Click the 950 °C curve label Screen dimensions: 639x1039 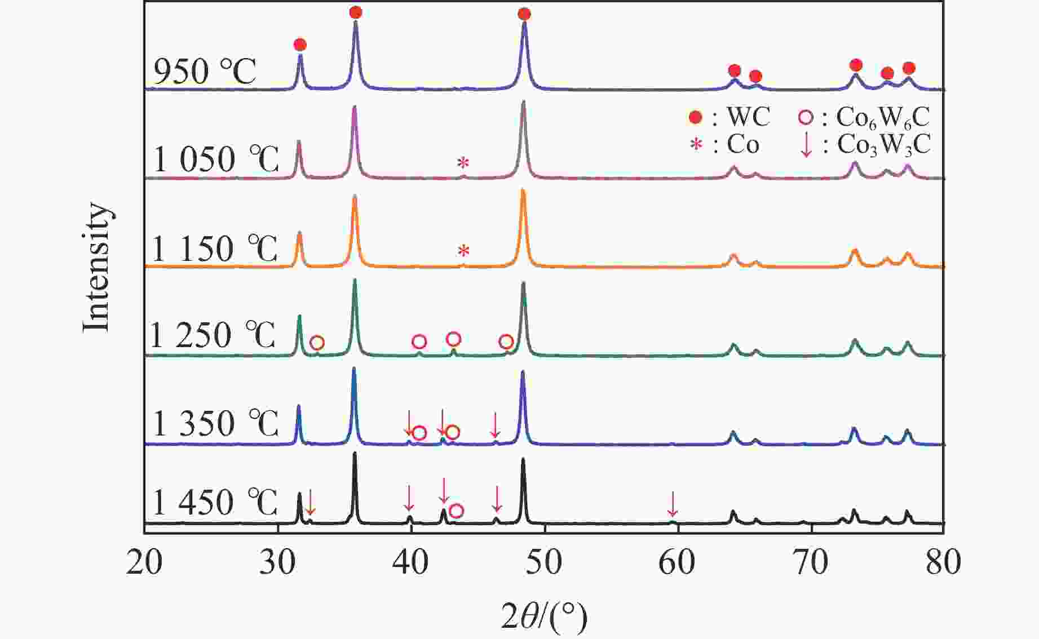point(205,72)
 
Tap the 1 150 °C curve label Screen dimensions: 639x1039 point(215,248)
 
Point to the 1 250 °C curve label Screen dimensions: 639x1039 point(213,335)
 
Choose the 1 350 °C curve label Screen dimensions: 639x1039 point(215,423)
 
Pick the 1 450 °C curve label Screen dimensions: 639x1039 point(215,502)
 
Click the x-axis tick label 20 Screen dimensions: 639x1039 point(144,562)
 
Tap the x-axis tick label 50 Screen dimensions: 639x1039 point(544,562)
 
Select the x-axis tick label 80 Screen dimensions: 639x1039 point(943,562)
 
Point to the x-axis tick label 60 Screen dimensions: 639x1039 point(677,562)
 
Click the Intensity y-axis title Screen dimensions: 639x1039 point(96,267)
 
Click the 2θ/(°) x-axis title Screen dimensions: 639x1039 point(544,616)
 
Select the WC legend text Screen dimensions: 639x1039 point(748,117)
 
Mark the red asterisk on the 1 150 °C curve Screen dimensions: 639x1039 point(463,251)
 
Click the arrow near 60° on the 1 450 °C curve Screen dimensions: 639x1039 point(672,504)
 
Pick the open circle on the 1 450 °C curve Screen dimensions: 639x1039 point(457,511)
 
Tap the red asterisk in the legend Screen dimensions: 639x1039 point(697,145)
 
